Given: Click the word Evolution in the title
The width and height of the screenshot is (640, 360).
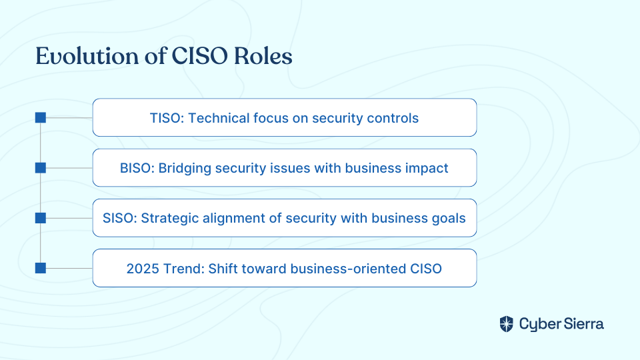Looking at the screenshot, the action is [x=87, y=56].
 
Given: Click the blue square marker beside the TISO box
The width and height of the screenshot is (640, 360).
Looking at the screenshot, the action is [x=41, y=117].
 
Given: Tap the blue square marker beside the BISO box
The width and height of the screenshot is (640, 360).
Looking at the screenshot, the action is [x=41, y=168].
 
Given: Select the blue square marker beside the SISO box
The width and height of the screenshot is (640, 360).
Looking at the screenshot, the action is [x=41, y=218].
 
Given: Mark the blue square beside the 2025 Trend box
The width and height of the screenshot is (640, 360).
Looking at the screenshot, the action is [x=41, y=268].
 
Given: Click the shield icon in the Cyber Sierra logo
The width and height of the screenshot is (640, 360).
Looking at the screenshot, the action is [x=507, y=324].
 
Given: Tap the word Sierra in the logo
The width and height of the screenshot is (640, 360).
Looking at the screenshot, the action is [x=584, y=324].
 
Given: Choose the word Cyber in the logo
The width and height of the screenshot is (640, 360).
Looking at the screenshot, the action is [x=540, y=325].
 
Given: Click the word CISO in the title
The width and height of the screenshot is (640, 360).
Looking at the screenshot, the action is [x=199, y=56].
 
